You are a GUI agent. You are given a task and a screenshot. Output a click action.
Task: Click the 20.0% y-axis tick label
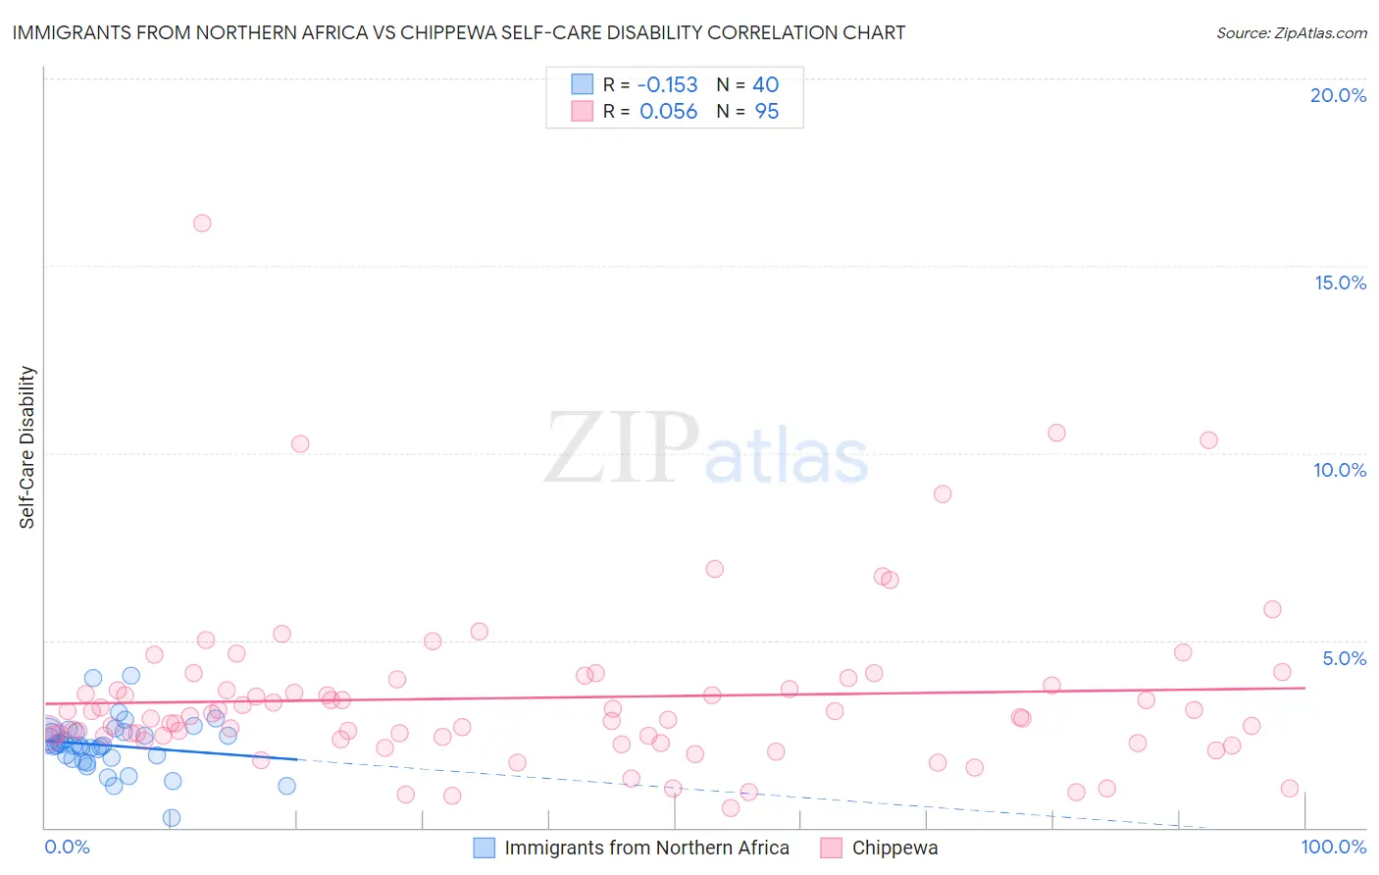click(1338, 95)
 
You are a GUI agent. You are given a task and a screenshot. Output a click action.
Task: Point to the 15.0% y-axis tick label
click(1340, 283)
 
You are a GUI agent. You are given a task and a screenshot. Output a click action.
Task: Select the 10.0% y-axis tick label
click(1340, 470)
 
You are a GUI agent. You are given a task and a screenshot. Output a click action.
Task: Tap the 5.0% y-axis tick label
click(1344, 658)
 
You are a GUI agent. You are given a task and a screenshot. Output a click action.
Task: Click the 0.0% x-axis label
click(67, 847)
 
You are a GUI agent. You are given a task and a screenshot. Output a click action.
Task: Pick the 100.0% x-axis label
click(1333, 847)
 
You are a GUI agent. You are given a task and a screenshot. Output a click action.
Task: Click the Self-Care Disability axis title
click(27, 447)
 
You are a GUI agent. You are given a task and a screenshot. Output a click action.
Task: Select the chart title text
click(458, 32)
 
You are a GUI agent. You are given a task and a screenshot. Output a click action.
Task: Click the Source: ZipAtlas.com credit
click(1291, 32)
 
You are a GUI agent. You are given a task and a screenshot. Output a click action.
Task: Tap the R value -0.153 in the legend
click(667, 84)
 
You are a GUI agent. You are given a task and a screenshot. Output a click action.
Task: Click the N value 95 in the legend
click(766, 112)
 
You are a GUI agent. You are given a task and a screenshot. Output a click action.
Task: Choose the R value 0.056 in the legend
click(668, 112)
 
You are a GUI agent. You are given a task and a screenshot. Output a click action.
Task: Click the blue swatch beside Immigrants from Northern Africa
click(485, 848)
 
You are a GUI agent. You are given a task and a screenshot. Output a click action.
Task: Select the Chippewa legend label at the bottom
click(894, 848)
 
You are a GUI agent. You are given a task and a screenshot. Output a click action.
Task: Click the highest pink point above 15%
click(202, 223)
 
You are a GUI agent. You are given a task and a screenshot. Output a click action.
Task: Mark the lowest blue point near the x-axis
click(172, 817)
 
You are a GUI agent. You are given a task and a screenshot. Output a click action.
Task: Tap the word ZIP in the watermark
click(622, 448)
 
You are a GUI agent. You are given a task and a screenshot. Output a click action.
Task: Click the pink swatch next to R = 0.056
click(583, 111)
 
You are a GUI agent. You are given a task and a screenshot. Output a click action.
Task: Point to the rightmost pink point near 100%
click(1290, 789)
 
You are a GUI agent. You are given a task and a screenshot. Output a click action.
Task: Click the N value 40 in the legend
click(765, 84)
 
